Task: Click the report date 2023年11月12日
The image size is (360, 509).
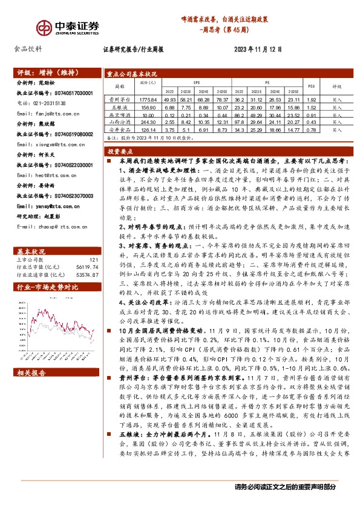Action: (x=258, y=50)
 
